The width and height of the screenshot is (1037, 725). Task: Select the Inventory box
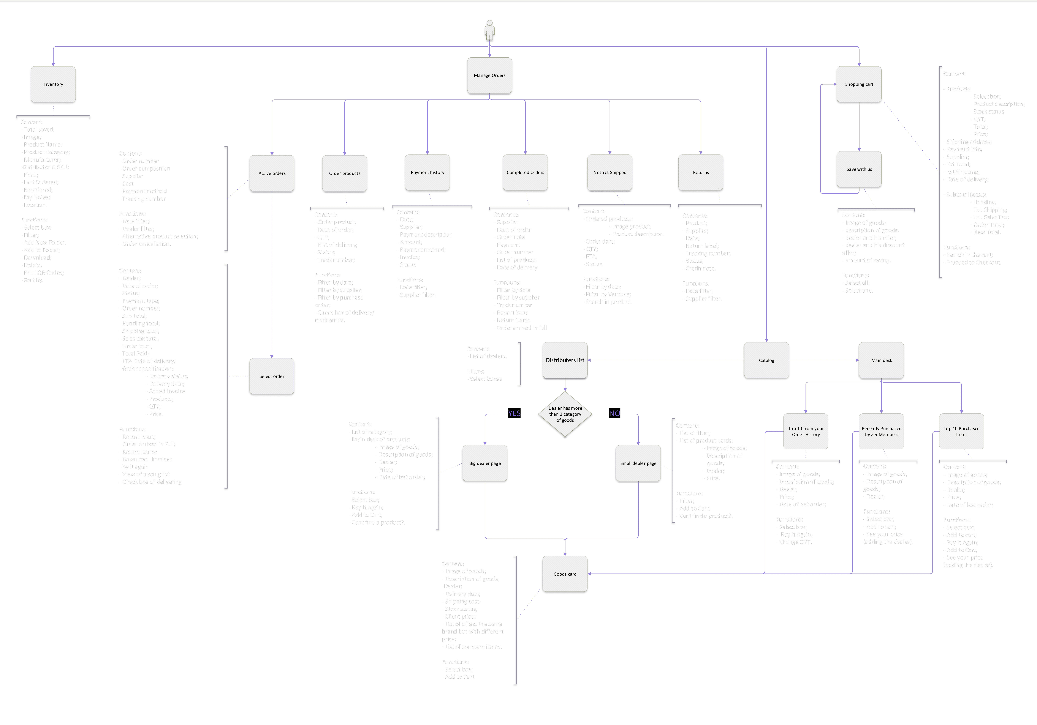point(53,84)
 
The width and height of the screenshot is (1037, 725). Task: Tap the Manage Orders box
point(490,75)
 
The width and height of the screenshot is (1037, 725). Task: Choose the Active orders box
point(272,173)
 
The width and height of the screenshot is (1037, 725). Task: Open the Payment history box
point(427,172)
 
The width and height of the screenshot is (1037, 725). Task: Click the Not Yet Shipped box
point(610,172)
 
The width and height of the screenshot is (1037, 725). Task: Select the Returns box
point(701,172)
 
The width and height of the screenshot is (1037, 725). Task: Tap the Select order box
point(272,377)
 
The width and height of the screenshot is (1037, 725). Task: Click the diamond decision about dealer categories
point(565,414)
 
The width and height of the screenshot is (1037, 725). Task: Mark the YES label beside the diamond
point(514,413)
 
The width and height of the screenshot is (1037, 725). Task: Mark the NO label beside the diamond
point(614,413)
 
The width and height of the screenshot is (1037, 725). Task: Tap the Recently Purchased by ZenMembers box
point(881,432)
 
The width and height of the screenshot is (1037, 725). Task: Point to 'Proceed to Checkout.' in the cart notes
point(974,262)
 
